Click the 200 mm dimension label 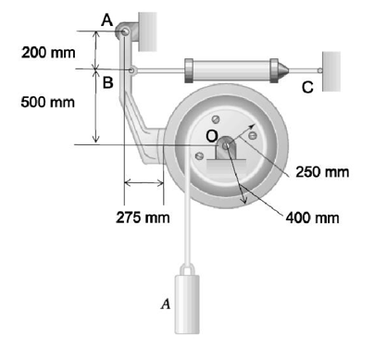pos(48,53)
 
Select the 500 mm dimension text pos(48,102)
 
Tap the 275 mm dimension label pos(143,217)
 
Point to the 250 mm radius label pos(322,172)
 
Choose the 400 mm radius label pos(312,217)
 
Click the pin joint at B pos(131,70)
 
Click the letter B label pos(107,82)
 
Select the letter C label pos(307,87)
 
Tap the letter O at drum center pos(212,135)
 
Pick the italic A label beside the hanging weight pos(166,304)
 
